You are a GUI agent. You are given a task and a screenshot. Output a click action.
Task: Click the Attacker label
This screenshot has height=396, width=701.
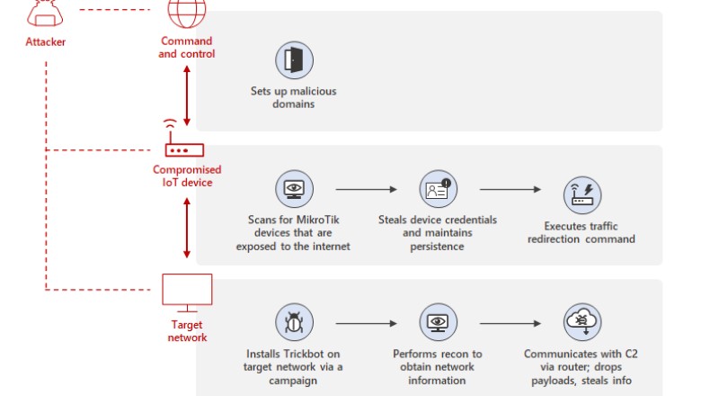click(45, 41)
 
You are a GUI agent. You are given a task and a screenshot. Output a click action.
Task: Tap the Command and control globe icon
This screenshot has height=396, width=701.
click(186, 13)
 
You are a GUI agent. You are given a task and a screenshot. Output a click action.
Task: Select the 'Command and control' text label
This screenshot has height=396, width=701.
click(186, 47)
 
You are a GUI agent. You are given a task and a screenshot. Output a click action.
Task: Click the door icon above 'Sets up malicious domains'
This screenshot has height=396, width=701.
click(294, 60)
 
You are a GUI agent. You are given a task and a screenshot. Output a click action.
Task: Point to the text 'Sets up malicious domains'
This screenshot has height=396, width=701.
click(294, 97)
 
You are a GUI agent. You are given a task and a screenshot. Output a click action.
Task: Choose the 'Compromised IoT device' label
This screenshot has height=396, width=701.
click(186, 176)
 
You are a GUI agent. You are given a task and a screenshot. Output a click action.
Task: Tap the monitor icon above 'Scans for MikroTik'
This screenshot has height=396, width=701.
click(294, 190)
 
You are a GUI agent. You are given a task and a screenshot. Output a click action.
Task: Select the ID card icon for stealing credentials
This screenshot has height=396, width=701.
click(439, 190)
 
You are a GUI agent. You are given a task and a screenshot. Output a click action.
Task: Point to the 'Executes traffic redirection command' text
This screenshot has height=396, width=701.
click(589, 232)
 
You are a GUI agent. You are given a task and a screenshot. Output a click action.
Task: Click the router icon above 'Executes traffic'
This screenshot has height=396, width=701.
click(581, 194)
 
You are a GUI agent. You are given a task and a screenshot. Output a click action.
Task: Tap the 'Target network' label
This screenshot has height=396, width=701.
click(187, 331)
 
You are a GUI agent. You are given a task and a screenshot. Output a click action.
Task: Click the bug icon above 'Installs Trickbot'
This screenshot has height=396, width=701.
click(294, 322)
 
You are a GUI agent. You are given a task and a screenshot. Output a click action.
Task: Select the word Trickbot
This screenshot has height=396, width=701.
click(319, 355)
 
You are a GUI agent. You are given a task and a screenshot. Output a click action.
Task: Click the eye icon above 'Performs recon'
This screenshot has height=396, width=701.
click(438, 322)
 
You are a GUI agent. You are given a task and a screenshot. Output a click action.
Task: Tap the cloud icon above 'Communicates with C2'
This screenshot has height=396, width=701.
click(581, 322)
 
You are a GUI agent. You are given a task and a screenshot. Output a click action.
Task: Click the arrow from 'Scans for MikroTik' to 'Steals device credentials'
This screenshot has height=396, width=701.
click(366, 190)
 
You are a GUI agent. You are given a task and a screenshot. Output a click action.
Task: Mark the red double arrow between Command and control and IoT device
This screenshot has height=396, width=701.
click(187, 96)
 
